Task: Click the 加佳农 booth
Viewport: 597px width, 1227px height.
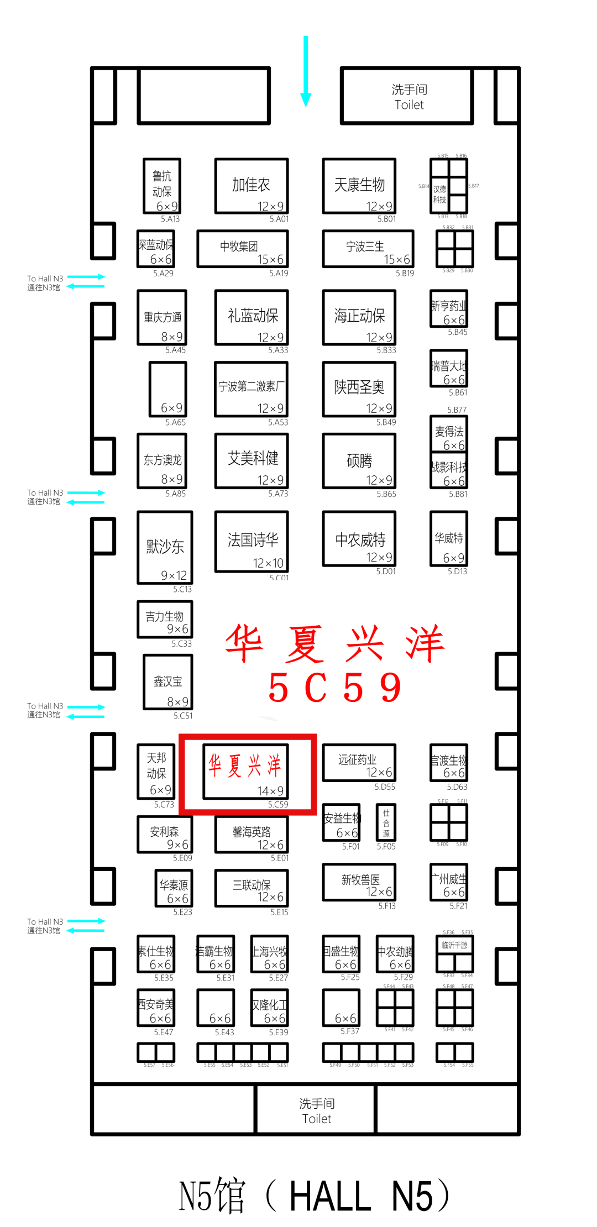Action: pyautogui.click(x=252, y=186)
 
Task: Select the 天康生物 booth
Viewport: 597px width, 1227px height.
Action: pyautogui.click(x=359, y=186)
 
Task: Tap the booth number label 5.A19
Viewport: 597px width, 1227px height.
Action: pyautogui.click(x=279, y=273)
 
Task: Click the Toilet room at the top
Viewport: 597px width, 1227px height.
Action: pyautogui.click(x=408, y=97)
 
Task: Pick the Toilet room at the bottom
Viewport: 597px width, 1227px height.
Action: pyautogui.click(x=316, y=1110)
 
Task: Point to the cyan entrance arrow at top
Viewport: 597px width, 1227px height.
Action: pyautogui.click(x=306, y=72)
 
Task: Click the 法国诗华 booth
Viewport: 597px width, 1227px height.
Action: pyautogui.click(x=252, y=541)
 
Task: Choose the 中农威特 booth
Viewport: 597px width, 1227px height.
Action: pyautogui.click(x=359, y=539)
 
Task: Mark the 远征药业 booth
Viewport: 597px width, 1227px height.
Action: pyautogui.click(x=359, y=762)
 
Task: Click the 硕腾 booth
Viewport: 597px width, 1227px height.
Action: pyautogui.click(x=359, y=460)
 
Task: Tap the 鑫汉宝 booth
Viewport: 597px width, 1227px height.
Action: pyautogui.click(x=168, y=682)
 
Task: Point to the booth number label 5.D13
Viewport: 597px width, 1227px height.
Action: pyautogui.click(x=457, y=571)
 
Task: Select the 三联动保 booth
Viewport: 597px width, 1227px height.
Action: pyautogui.click(x=252, y=888)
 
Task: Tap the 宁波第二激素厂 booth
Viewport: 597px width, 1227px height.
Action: pyautogui.click(x=252, y=389)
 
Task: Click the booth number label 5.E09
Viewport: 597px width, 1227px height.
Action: pyautogui.click(x=182, y=858)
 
